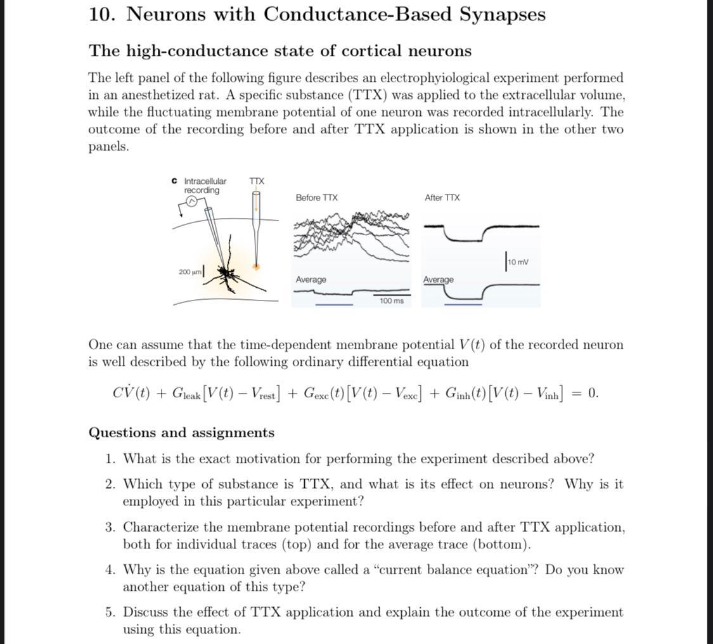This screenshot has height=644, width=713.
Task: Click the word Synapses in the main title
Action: [x=502, y=14]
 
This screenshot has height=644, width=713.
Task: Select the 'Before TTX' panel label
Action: [x=316, y=198]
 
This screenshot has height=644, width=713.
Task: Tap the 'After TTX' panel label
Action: [x=442, y=198]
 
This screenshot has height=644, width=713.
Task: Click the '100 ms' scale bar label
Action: [x=391, y=301]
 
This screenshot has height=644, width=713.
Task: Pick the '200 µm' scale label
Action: [x=189, y=272]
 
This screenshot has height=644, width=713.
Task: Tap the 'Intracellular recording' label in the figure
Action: [x=204, y=186]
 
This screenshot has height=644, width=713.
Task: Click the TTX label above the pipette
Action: [x=256, y=181]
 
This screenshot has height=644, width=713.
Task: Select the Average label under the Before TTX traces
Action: [x=311, y=280]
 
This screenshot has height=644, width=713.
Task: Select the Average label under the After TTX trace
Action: [x=439, y=280]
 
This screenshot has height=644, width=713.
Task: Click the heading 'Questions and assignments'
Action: [x=181, y=433]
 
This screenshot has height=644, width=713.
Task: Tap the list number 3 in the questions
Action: [x=110, y=527]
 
